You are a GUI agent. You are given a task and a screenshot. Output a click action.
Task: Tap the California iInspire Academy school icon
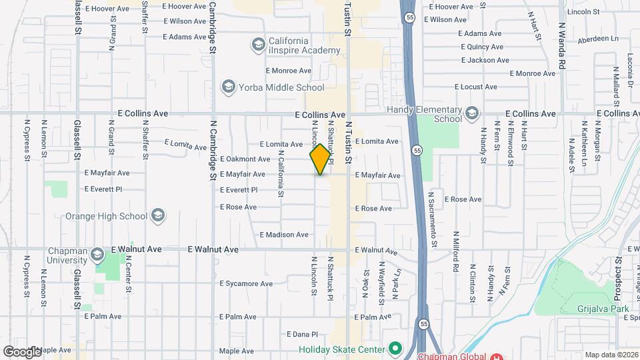coord(258,45)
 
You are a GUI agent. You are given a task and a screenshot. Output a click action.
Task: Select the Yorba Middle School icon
coord(229,87)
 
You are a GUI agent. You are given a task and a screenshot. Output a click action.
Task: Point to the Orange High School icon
coord(158,215)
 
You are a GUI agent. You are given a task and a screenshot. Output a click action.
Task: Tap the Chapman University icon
coord(97,254)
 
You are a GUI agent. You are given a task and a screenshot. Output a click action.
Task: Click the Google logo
coord(22,351)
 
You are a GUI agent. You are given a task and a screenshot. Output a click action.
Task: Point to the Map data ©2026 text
coord(610,355)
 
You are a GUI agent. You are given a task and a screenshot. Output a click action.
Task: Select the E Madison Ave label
coord(284,235)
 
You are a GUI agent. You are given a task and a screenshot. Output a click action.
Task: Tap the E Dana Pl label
coord(305,334)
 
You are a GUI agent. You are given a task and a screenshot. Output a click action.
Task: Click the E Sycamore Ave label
coord(248,283)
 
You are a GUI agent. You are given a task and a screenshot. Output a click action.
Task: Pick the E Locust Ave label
coord(476,87)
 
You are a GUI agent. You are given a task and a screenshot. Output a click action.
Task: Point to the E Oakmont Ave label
coord(245,159)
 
